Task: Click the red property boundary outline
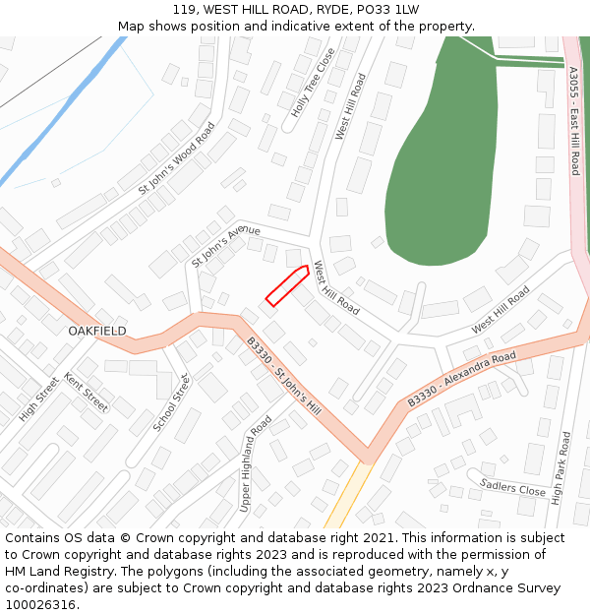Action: (x=287, y=285)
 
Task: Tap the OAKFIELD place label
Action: (x=97, y=332)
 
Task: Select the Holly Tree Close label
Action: (x=313, y=83)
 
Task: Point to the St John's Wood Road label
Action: (x=176, y=157)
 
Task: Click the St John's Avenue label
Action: (x=225, y=244)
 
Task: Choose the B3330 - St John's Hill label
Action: (x=283, y=375)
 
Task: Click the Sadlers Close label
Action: (x=512, y=486)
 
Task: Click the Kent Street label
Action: (x=86, y=392)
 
